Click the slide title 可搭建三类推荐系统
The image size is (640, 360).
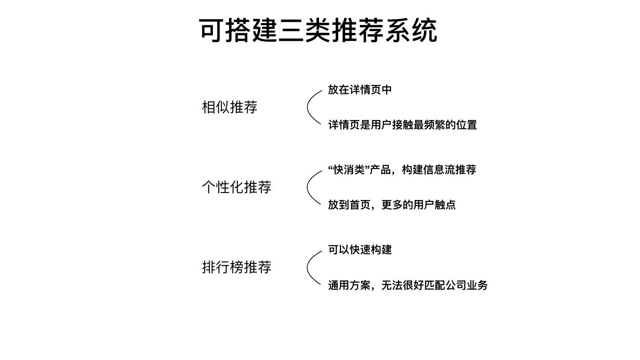tap(318, 30)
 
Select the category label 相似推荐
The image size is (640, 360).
tap(229, 107)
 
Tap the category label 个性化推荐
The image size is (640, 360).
tap(236, 187)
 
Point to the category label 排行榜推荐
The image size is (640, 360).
tap(236, 267)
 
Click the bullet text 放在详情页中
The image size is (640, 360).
tap(360, 89)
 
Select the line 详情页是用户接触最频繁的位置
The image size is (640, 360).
tap(402, 125)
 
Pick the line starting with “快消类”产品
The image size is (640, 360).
tap(402, 169)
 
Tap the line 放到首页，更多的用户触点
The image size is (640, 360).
tap(392, 205)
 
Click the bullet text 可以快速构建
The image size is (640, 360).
tap(360, 249)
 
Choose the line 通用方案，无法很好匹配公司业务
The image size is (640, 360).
tap(408, 285)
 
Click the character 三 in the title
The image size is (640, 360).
tap(291, 30)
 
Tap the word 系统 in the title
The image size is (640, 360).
tap(411, 30)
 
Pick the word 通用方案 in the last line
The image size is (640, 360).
tap(349, 285)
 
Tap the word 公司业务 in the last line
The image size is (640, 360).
tap(467, 285)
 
